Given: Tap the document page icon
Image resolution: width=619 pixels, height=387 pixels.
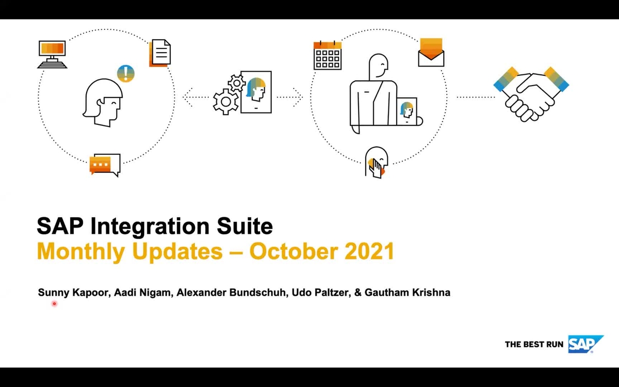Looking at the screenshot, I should pyautogui.click(x=160, y=53).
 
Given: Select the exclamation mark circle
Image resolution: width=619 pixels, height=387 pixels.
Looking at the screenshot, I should pyautogui.click(x=125, y=73).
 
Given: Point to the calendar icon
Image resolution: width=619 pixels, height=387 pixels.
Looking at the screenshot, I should pyautogui.click(x=328, y=55).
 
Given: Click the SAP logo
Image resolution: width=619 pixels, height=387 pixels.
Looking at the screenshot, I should pyautogui.click(x=585, y=344).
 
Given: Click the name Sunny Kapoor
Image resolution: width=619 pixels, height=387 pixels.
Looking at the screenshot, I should pyautogui.click(x=72, y=293).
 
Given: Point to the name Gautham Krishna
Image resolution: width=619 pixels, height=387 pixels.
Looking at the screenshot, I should pyautogui.click(x=407, y=293).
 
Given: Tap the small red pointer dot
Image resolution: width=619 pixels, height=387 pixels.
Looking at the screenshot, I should pyautogui.click(x=54, y=304).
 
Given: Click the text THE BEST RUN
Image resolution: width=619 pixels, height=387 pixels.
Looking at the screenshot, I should pyautogui.click(x=534, y=344).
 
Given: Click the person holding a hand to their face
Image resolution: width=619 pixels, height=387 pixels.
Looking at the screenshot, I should pyautogui.click(x=377, y=163).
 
